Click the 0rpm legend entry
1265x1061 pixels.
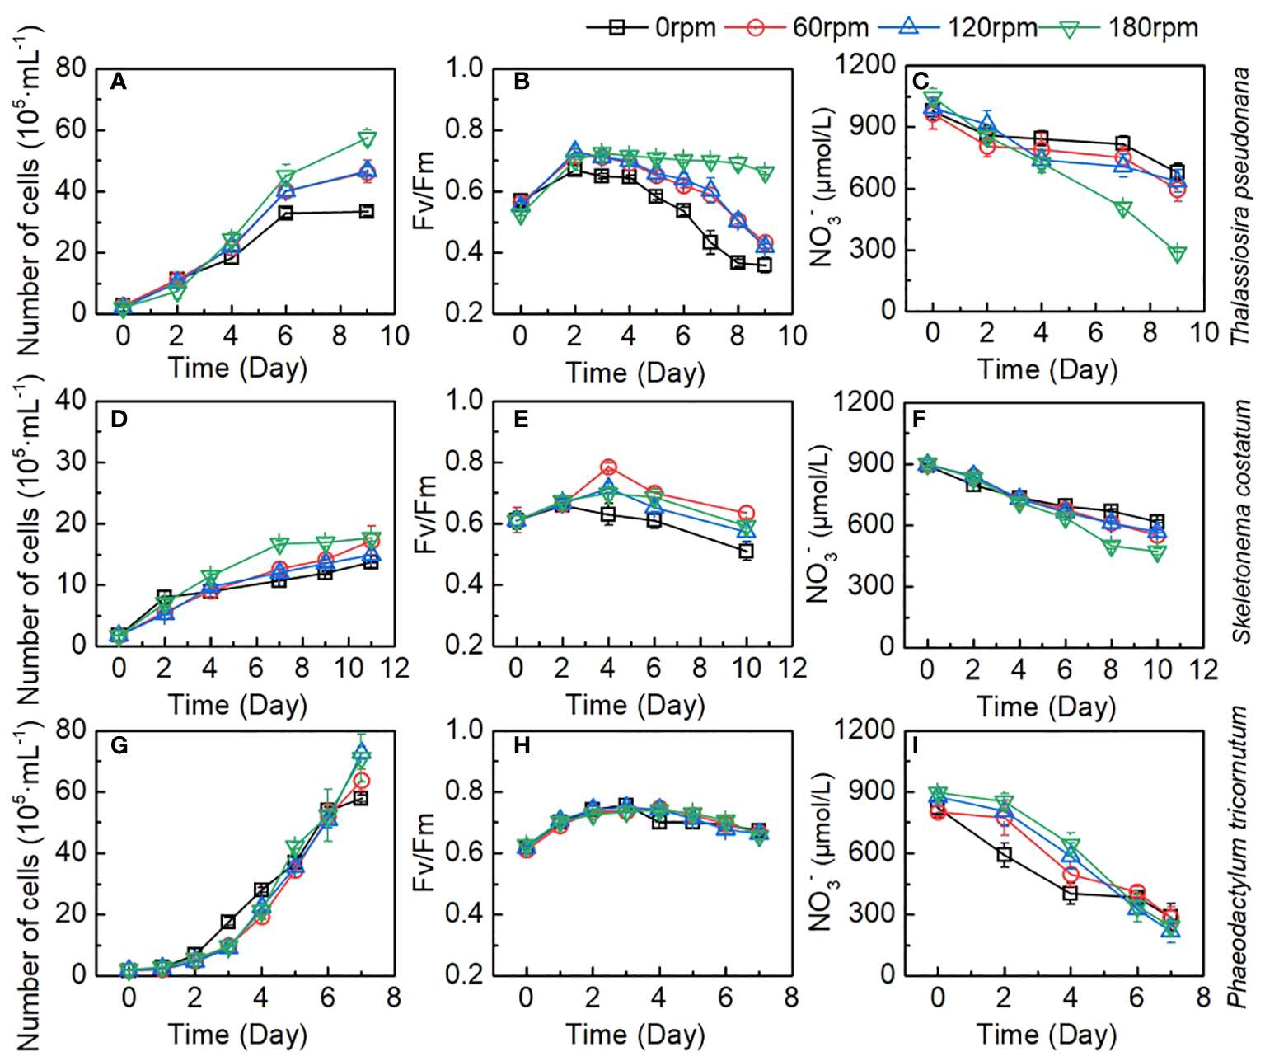pos(651,27)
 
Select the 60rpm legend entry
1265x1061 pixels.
pos(796,27)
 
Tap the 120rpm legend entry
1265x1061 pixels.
pos(956,27)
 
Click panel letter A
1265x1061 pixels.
pos(119,82)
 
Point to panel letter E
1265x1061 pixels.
pos(521,419)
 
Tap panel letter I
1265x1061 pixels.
pos(916,746)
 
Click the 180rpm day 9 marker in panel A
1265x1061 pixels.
pos(368,138)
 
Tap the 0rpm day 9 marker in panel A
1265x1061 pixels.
pos(368,212)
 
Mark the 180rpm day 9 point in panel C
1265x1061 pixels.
pos(1178,254)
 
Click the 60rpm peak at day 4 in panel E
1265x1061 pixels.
pos(608,467)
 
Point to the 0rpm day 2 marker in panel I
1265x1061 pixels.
pos(1004,854)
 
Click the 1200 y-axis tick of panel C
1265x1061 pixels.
pos(865,64)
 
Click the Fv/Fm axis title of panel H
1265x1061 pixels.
pos(424,852)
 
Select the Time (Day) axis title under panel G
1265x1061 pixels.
pos(237,1035)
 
